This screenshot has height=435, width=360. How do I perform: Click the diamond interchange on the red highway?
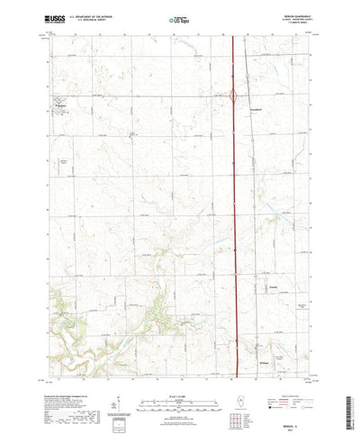(x=234, y=94)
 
